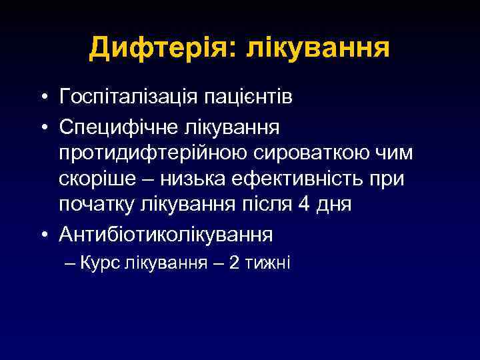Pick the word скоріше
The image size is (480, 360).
pyautogui.click(x=93, y=180)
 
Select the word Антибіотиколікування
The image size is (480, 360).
pyautogui.click(x=166, y=234)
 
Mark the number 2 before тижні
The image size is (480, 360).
pyautogui.click(x=235, y=262)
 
